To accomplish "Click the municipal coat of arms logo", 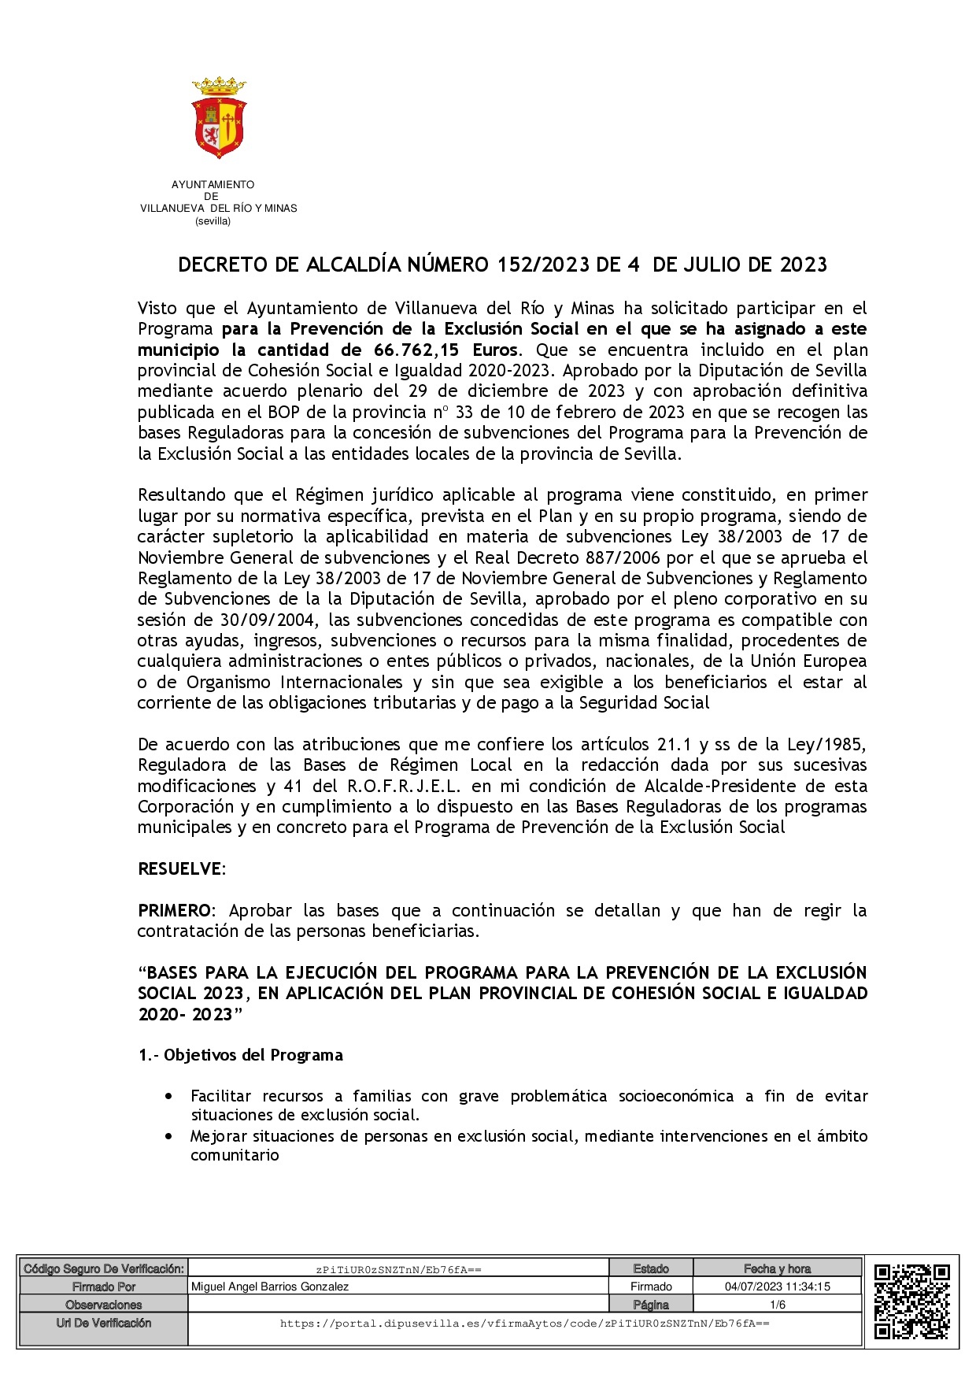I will click(x=219, y=117).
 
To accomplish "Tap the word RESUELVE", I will click(x=179, y=869).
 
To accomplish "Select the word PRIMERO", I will click(x=174, y=911).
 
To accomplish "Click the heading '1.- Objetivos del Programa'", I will click(x=241, y=1055).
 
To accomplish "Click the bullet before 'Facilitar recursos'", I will click(x=169, y=1096).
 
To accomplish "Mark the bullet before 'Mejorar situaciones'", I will click(x=169, y=1137).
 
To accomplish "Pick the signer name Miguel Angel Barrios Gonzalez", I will click(x=270, y=1287).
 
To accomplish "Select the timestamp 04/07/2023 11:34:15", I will click(x=778, y=1287).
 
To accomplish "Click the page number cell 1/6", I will click(x=778, y=1305).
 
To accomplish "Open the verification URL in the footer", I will click(x=524, y=1324).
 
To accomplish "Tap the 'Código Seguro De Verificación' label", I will click(x=104, y=1268).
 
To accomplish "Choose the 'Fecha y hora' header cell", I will click(x=778, y=1268).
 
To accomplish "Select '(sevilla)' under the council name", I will click(x=213, y=221).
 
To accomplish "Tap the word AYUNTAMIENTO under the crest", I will click(x=213, y=185).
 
